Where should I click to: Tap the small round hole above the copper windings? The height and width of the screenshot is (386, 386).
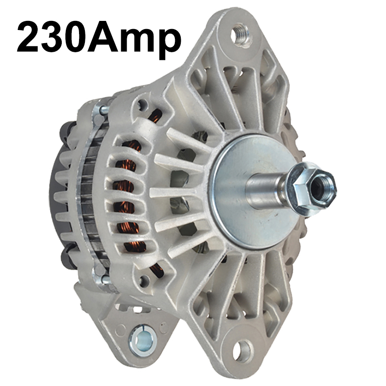143,106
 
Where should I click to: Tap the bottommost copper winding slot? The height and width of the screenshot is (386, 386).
156,270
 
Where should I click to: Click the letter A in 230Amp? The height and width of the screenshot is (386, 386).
103,39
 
